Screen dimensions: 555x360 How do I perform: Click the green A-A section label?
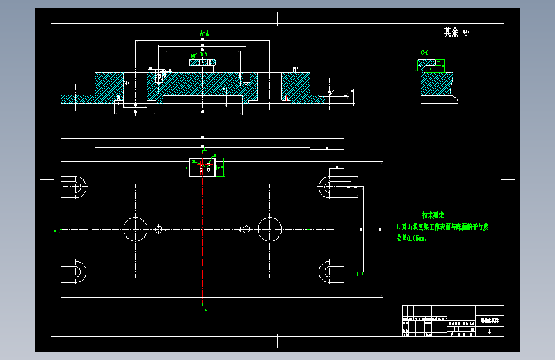[205, 32]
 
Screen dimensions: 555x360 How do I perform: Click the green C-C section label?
[424, 52]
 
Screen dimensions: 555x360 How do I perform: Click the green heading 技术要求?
[433, 215]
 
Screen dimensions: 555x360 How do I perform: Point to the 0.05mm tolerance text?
[411, 238]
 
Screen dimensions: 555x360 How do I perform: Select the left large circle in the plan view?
[136, 229]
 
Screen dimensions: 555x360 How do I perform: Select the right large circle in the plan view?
[269, 229]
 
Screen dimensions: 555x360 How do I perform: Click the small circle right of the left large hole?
[159, 229]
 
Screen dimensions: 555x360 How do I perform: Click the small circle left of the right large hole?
[245, 229]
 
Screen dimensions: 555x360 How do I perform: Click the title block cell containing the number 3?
[490, 332]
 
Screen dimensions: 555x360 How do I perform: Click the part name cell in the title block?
[490, 320]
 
